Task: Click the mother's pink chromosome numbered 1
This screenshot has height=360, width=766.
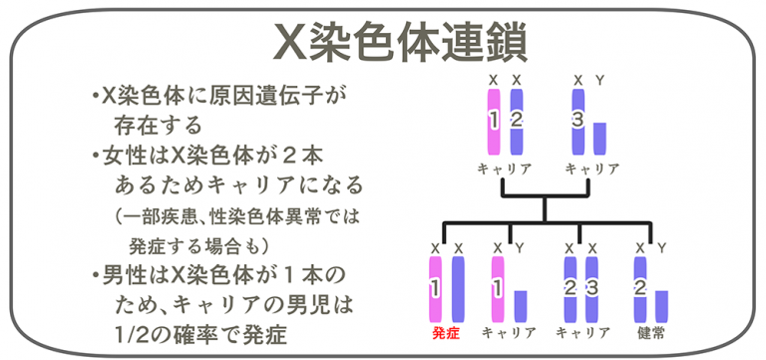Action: [x=493, y=120]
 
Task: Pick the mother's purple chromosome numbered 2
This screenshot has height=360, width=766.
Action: [x=516, y=120]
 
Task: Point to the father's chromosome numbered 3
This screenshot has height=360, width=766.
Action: [x=577, y=120]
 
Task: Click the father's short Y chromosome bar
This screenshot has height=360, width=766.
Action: [x=599, y=137]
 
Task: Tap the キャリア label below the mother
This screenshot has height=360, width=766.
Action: [x=504, y=168]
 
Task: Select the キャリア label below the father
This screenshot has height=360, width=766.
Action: [x=589, y=168]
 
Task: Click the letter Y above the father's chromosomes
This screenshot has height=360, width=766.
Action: [x=599, y=78]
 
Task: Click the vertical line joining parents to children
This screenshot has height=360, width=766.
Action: [x=545, y=204]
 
